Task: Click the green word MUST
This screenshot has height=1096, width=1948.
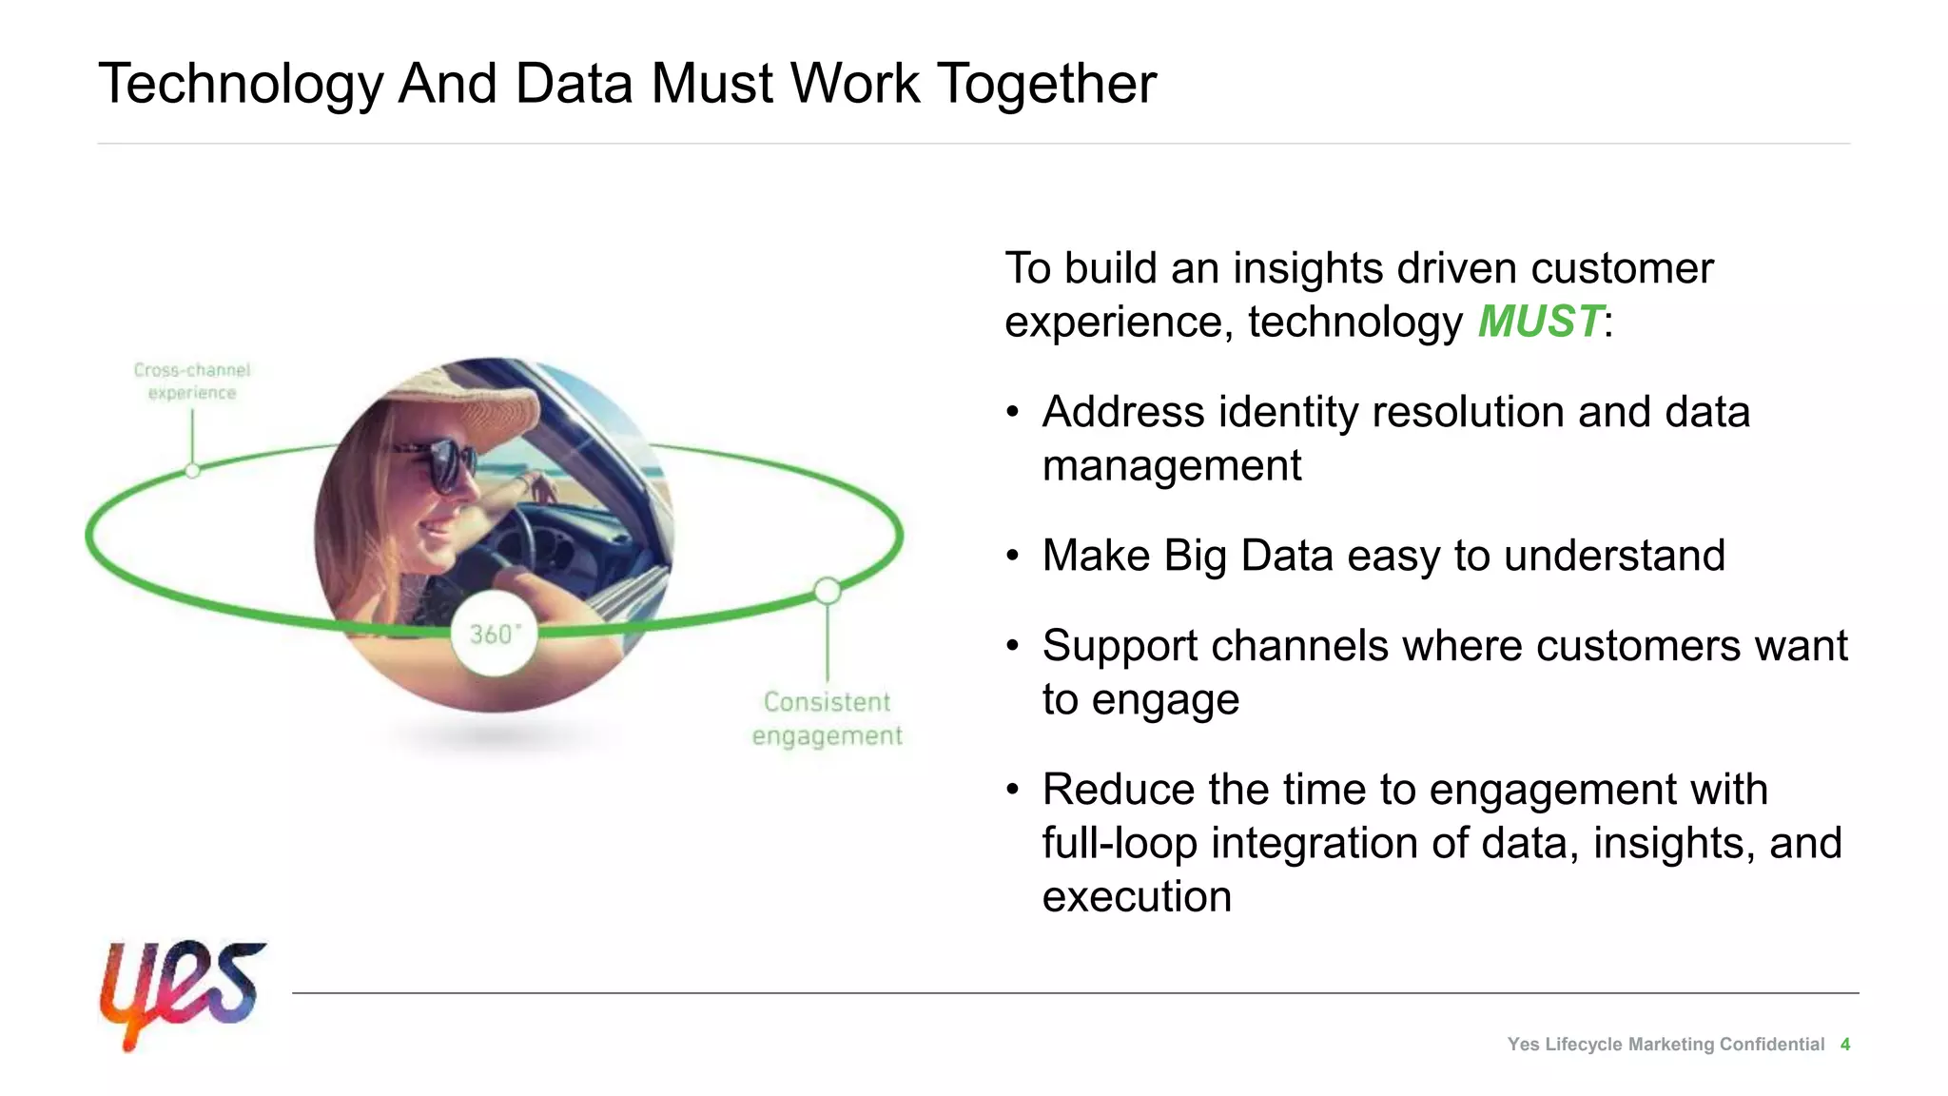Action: (1539, 322)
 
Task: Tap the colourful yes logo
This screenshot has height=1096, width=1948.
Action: (182, 991)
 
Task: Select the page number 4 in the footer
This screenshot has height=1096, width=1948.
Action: (1844, 1045)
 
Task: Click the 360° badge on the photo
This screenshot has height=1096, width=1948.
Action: (494, 634)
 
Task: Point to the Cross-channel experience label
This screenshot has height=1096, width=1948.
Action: (192, 382)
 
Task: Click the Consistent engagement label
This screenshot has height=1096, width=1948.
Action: (827, 718)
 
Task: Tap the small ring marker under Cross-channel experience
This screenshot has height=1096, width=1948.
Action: (192, 470)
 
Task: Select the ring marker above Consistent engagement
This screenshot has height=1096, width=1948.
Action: (828, 591)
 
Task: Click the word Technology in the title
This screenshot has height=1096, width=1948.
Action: (240, 84)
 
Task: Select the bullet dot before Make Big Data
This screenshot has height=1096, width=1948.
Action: (1013, 556)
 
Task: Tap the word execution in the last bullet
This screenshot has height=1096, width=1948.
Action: (1137, 896)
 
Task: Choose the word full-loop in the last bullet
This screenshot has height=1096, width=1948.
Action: (1119, 843)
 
